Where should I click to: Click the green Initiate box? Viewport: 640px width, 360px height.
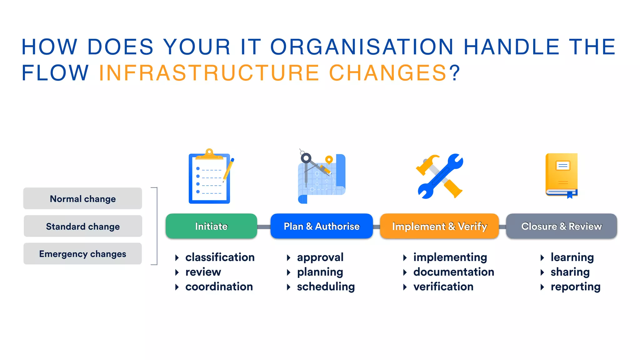pos(211,226)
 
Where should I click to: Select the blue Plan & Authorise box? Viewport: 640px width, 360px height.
pos(322,226)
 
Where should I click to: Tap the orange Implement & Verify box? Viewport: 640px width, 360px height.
pos(439,226)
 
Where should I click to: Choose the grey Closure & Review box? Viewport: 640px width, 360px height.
pos(561,226)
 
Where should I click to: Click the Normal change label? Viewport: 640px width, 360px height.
pos(83,199)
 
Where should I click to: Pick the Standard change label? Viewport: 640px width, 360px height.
pos(83,226)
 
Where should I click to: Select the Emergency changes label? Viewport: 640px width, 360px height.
pos(83,254)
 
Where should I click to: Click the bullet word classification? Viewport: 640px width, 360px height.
pos(220,257)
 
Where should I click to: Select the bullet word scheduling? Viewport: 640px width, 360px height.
pos(326,287)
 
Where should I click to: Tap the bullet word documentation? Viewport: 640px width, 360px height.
pos(453,272)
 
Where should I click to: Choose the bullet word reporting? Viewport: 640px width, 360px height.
pos(575,287)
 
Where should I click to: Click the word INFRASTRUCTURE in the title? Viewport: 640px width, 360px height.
pos(209,73)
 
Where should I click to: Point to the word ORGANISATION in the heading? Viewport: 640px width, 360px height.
pos(362,47)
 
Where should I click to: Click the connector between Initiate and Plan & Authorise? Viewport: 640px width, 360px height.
pos(264,227)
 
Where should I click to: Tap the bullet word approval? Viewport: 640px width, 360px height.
pos(320,257)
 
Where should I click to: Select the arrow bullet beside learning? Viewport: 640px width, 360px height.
pos(542,257)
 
